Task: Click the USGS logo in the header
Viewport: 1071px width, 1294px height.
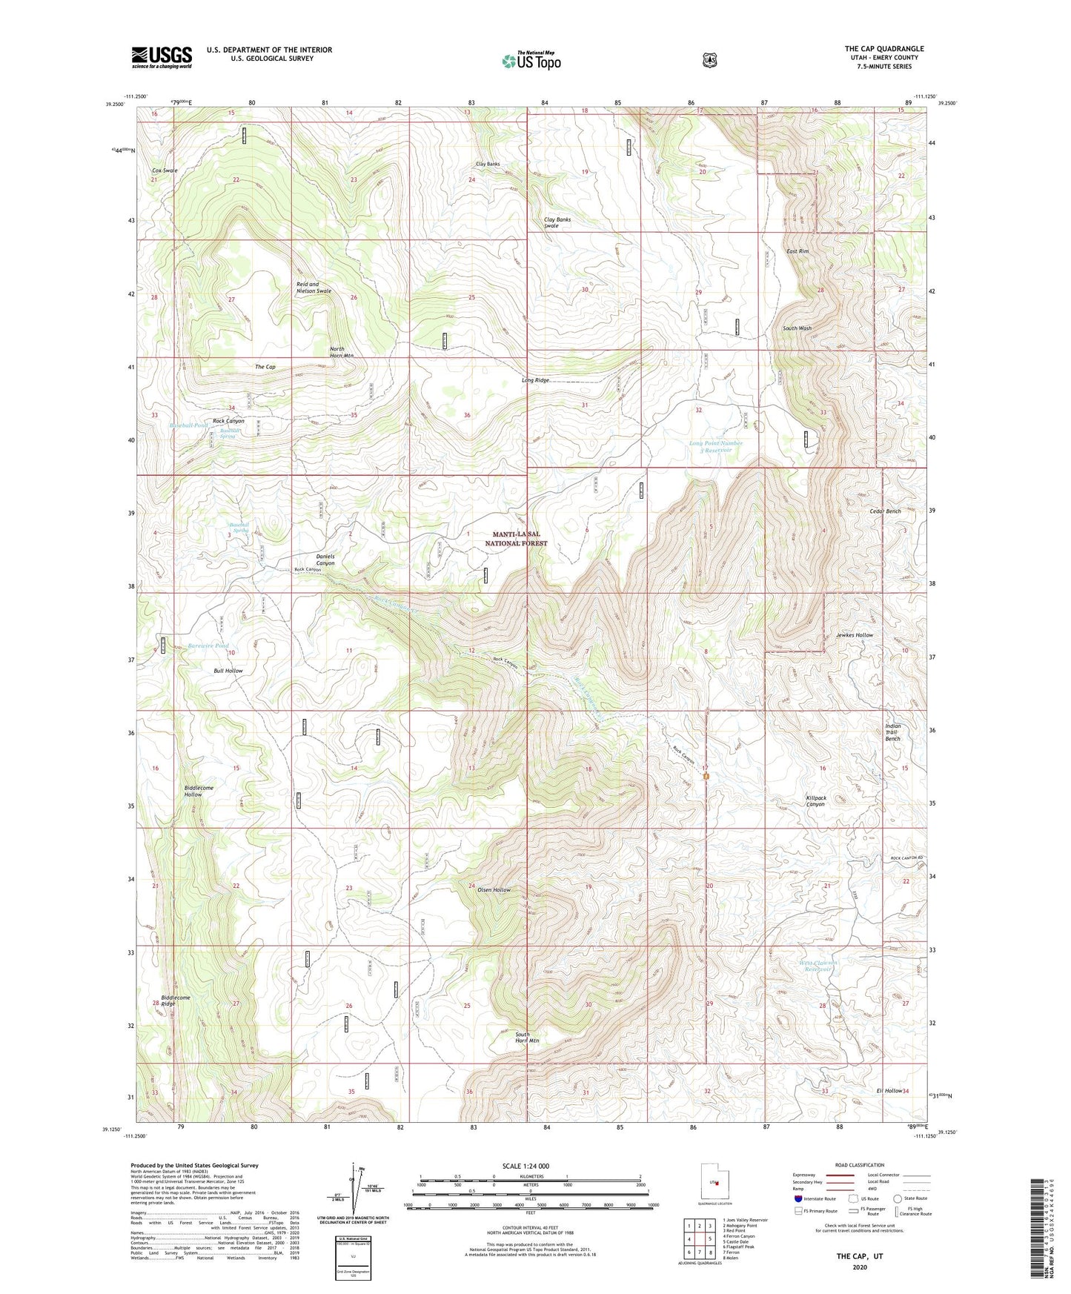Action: click(162, 57)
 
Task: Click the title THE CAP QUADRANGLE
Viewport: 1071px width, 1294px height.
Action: click(883, 49)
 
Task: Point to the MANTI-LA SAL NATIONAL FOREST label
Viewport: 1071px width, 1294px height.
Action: click(516, 539)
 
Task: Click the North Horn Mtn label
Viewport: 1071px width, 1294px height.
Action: click(341, 352)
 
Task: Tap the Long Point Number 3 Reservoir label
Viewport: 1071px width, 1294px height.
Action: click(716, 446)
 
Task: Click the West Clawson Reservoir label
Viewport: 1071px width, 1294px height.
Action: click(818, 966)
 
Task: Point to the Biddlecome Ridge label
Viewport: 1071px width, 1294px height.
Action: click(176, 1001)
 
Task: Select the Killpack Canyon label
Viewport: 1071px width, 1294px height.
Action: click(815, 801)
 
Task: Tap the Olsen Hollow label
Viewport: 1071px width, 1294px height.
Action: click(494, 889)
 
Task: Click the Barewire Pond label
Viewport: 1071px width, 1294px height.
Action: click(208, 646)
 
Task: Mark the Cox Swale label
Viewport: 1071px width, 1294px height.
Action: click(165, 170)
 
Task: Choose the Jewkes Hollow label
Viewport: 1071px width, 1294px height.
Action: click(854, 635)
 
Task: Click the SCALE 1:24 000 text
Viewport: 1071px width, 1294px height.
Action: click(525, 1166)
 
